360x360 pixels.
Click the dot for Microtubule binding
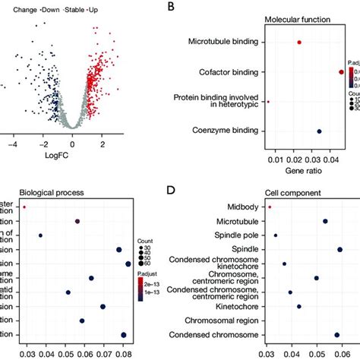pyautogui.click(x=299, y=43)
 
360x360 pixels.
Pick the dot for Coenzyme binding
pyautogui.click(x=319, y=132)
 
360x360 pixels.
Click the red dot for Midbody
pyautogui.click(x=270, y=206)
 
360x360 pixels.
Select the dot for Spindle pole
pyautogui.click(x=275, y=235)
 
